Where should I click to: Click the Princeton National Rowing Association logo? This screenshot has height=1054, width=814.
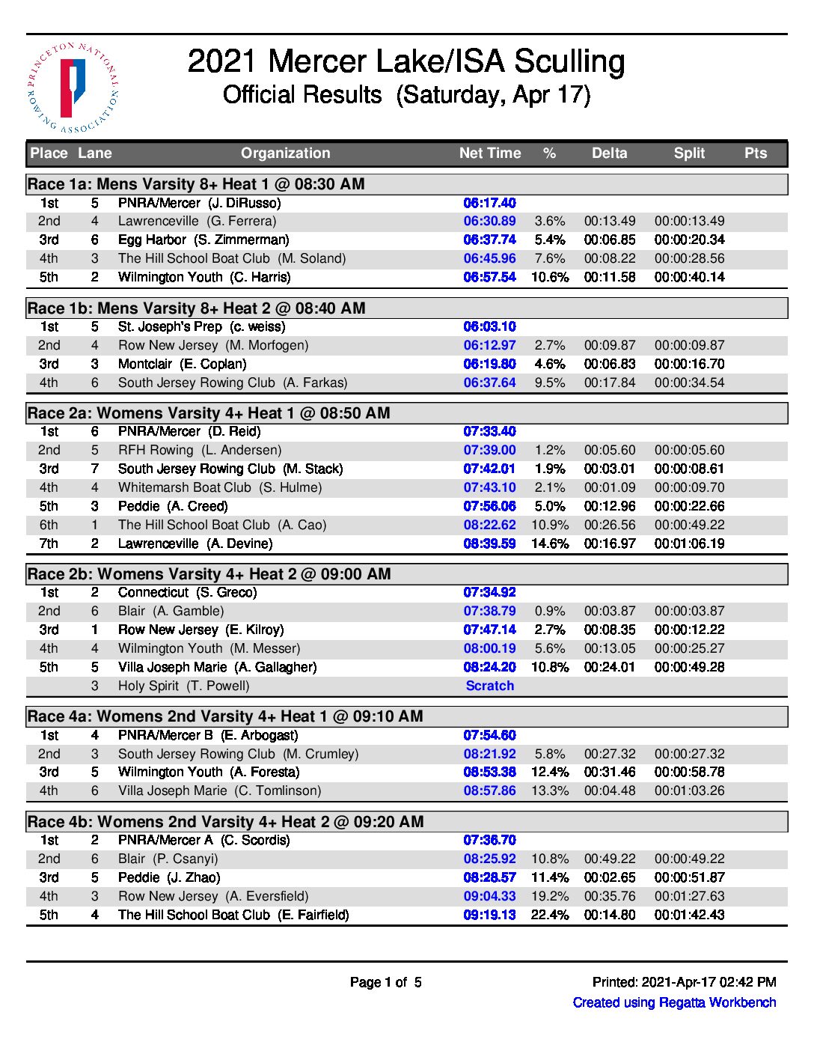[x=73, y=88]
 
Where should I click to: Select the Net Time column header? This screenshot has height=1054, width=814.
[x=490, y=153]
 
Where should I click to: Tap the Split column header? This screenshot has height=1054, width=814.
[x=689, y=153]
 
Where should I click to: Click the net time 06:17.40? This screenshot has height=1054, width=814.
[x=490, y=203]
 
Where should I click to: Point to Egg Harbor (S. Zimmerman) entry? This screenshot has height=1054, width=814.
[x=203, y=240]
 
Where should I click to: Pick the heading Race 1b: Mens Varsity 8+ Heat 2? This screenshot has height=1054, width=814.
[x=196, y=308]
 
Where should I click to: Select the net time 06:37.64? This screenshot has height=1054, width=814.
[x=490, y=383]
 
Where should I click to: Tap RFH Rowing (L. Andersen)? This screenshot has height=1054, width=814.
[x=200, y=450]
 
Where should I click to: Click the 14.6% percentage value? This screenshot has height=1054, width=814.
[x=550, y=543]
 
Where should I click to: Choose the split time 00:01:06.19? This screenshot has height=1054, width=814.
[x=689, y=543]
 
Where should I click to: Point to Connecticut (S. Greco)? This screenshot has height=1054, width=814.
[x=187, y=592]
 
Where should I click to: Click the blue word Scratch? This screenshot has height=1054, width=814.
[x=490, y=686]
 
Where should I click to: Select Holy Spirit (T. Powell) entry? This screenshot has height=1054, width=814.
[x=183, y=686]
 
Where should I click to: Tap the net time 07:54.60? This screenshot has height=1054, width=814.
[x=490, y=735]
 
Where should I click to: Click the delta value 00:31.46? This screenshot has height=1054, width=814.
[x=610, y=772]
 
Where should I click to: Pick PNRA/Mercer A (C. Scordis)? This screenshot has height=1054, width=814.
[x=203, y=840]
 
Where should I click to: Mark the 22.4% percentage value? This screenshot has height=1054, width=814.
[x=550, y=915]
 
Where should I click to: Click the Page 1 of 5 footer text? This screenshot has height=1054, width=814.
[x=386, y=982]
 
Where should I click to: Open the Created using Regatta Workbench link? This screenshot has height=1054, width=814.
[x=674, y=1002]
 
